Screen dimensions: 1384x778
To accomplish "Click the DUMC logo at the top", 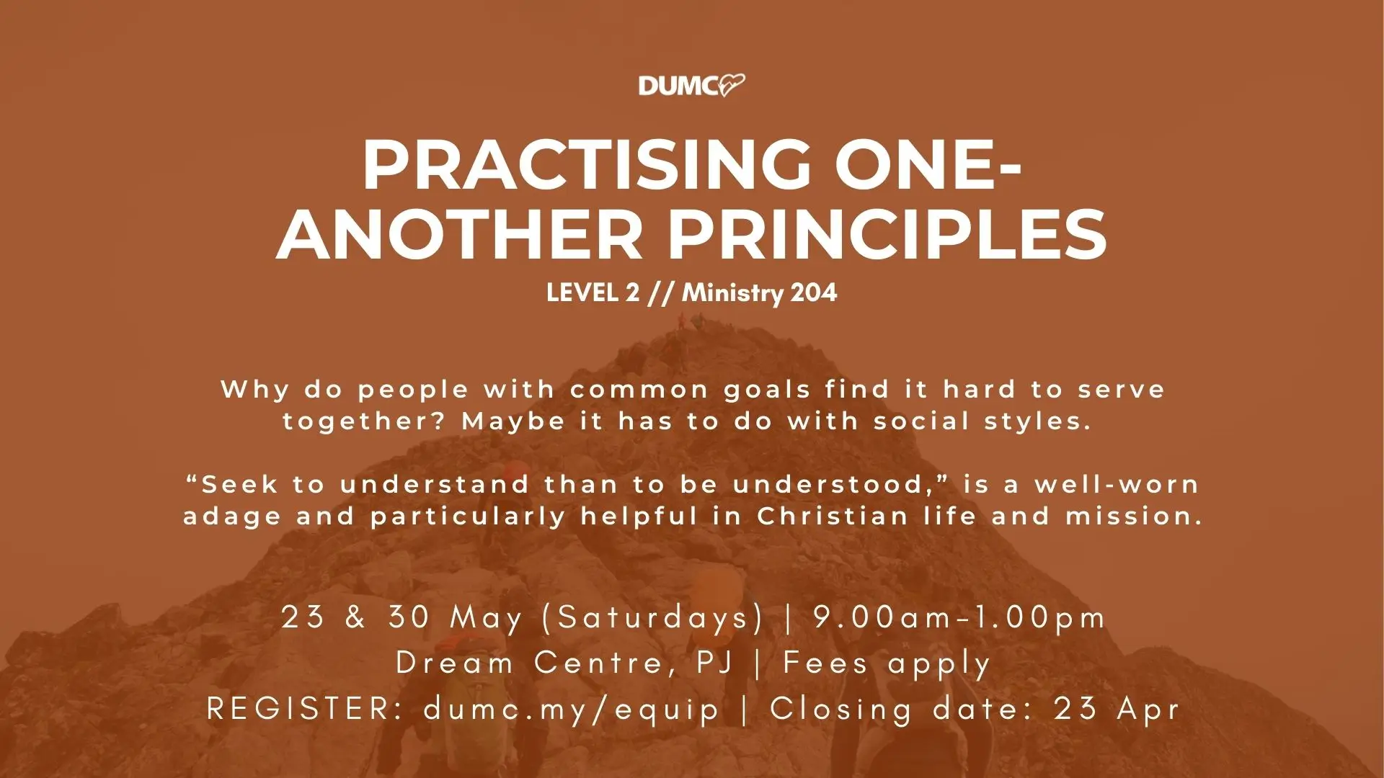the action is click(692, 86).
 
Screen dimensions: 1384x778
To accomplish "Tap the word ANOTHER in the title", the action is click(458, 233).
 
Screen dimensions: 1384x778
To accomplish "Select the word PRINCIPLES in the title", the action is click(888, 233).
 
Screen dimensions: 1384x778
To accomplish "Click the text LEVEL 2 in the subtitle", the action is click(593, 292).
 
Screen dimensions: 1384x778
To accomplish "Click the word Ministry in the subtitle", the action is click(733, 293).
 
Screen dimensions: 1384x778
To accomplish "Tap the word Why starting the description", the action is click(255, 390).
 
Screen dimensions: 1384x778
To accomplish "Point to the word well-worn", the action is click(1117, 484).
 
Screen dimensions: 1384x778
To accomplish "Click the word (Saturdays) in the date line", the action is click(652, 618).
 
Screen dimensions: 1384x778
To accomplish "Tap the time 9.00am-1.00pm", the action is click(959, 618).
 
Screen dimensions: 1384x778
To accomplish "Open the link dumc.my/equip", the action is click(572, 710).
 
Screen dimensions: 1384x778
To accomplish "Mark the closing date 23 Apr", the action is click(1117, 710).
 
